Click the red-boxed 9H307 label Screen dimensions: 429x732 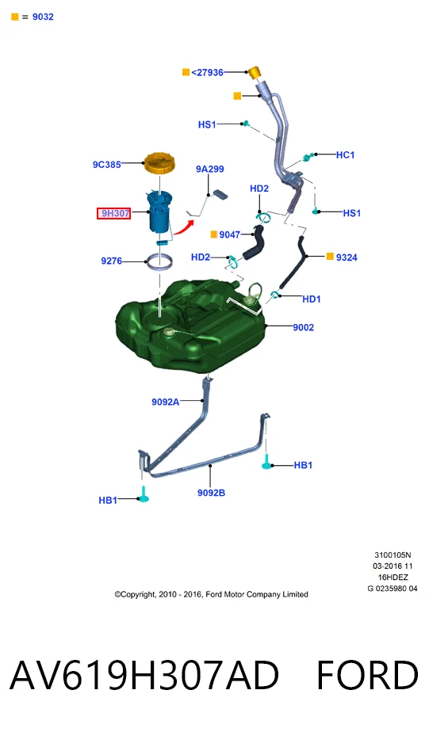pyautogui.click(x=113, y=213)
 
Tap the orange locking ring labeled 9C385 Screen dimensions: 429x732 pyautogui.click(x=159, y=163)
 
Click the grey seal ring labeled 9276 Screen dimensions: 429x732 pyautogui.click(x=160, y=261)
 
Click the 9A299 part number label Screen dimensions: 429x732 pyautogui.click(x=210, y=169)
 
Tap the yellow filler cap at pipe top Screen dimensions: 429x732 pyautogui.click(x=255, y=74)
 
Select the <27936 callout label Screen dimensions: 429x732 pyautogui.click(x=207, y=72)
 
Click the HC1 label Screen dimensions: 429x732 pyautogui.click(x=346, y=154)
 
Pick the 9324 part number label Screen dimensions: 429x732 pyautogui.click(x=347, y=257)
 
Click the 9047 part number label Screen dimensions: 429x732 pyautogui.click(x=229, y=234)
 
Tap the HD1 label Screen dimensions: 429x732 pyautogui.click(x=311, y=299)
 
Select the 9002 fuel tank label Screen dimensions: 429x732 pyautogui.click(x=303, y=327)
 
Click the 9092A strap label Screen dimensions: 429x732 pyautogui.click(x=166, y=402)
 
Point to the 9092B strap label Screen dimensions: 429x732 pyautogui.click(x=211, y=493)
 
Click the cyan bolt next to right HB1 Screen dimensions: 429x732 pyautogui.click(x=267, y=462)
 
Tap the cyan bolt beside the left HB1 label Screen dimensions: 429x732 pyautogui.click(x=144, y=495)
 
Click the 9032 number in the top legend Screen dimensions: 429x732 pyautogui.click(x=43, y=17)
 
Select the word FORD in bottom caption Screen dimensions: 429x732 pyautogui.click(x=367, y=675)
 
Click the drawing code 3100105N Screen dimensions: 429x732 pyautogui.click(x=393, y=555)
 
